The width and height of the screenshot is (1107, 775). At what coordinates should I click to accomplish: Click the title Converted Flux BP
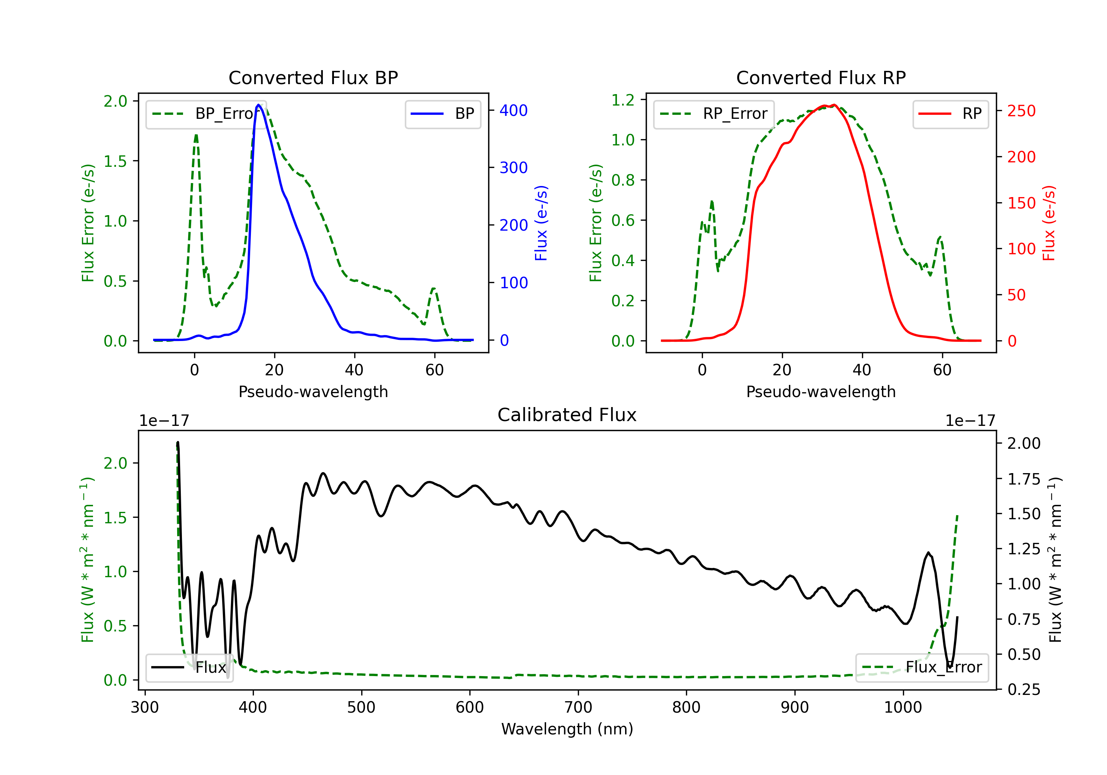tap(313, 77)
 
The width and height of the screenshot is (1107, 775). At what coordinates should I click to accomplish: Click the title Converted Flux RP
tap(821, 77)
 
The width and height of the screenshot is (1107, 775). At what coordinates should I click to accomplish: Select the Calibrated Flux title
tap(567, 415)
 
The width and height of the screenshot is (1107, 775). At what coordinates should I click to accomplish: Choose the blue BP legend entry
tap(442, 114)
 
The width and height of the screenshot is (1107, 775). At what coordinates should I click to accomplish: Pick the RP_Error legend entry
tap(714, 114)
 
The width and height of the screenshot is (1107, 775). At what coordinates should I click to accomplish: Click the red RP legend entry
tap(950, 114)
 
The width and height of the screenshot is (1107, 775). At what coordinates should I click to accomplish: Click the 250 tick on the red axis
tap(1021, 111)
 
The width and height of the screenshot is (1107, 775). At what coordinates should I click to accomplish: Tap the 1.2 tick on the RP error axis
tap(623, 100)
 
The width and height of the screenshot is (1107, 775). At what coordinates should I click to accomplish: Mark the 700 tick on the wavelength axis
tap(578, 707)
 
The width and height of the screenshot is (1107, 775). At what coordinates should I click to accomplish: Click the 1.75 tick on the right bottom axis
tap(1024, 479)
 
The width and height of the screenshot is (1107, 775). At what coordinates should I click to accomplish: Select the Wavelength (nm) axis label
tap(567, 729)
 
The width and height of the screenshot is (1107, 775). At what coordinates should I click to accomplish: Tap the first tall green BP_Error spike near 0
tap(196, 135)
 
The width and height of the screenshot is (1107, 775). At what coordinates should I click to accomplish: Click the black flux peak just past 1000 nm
tap(928, 553)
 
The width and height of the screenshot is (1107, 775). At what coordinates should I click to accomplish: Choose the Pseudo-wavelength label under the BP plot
tap(313, 392)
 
